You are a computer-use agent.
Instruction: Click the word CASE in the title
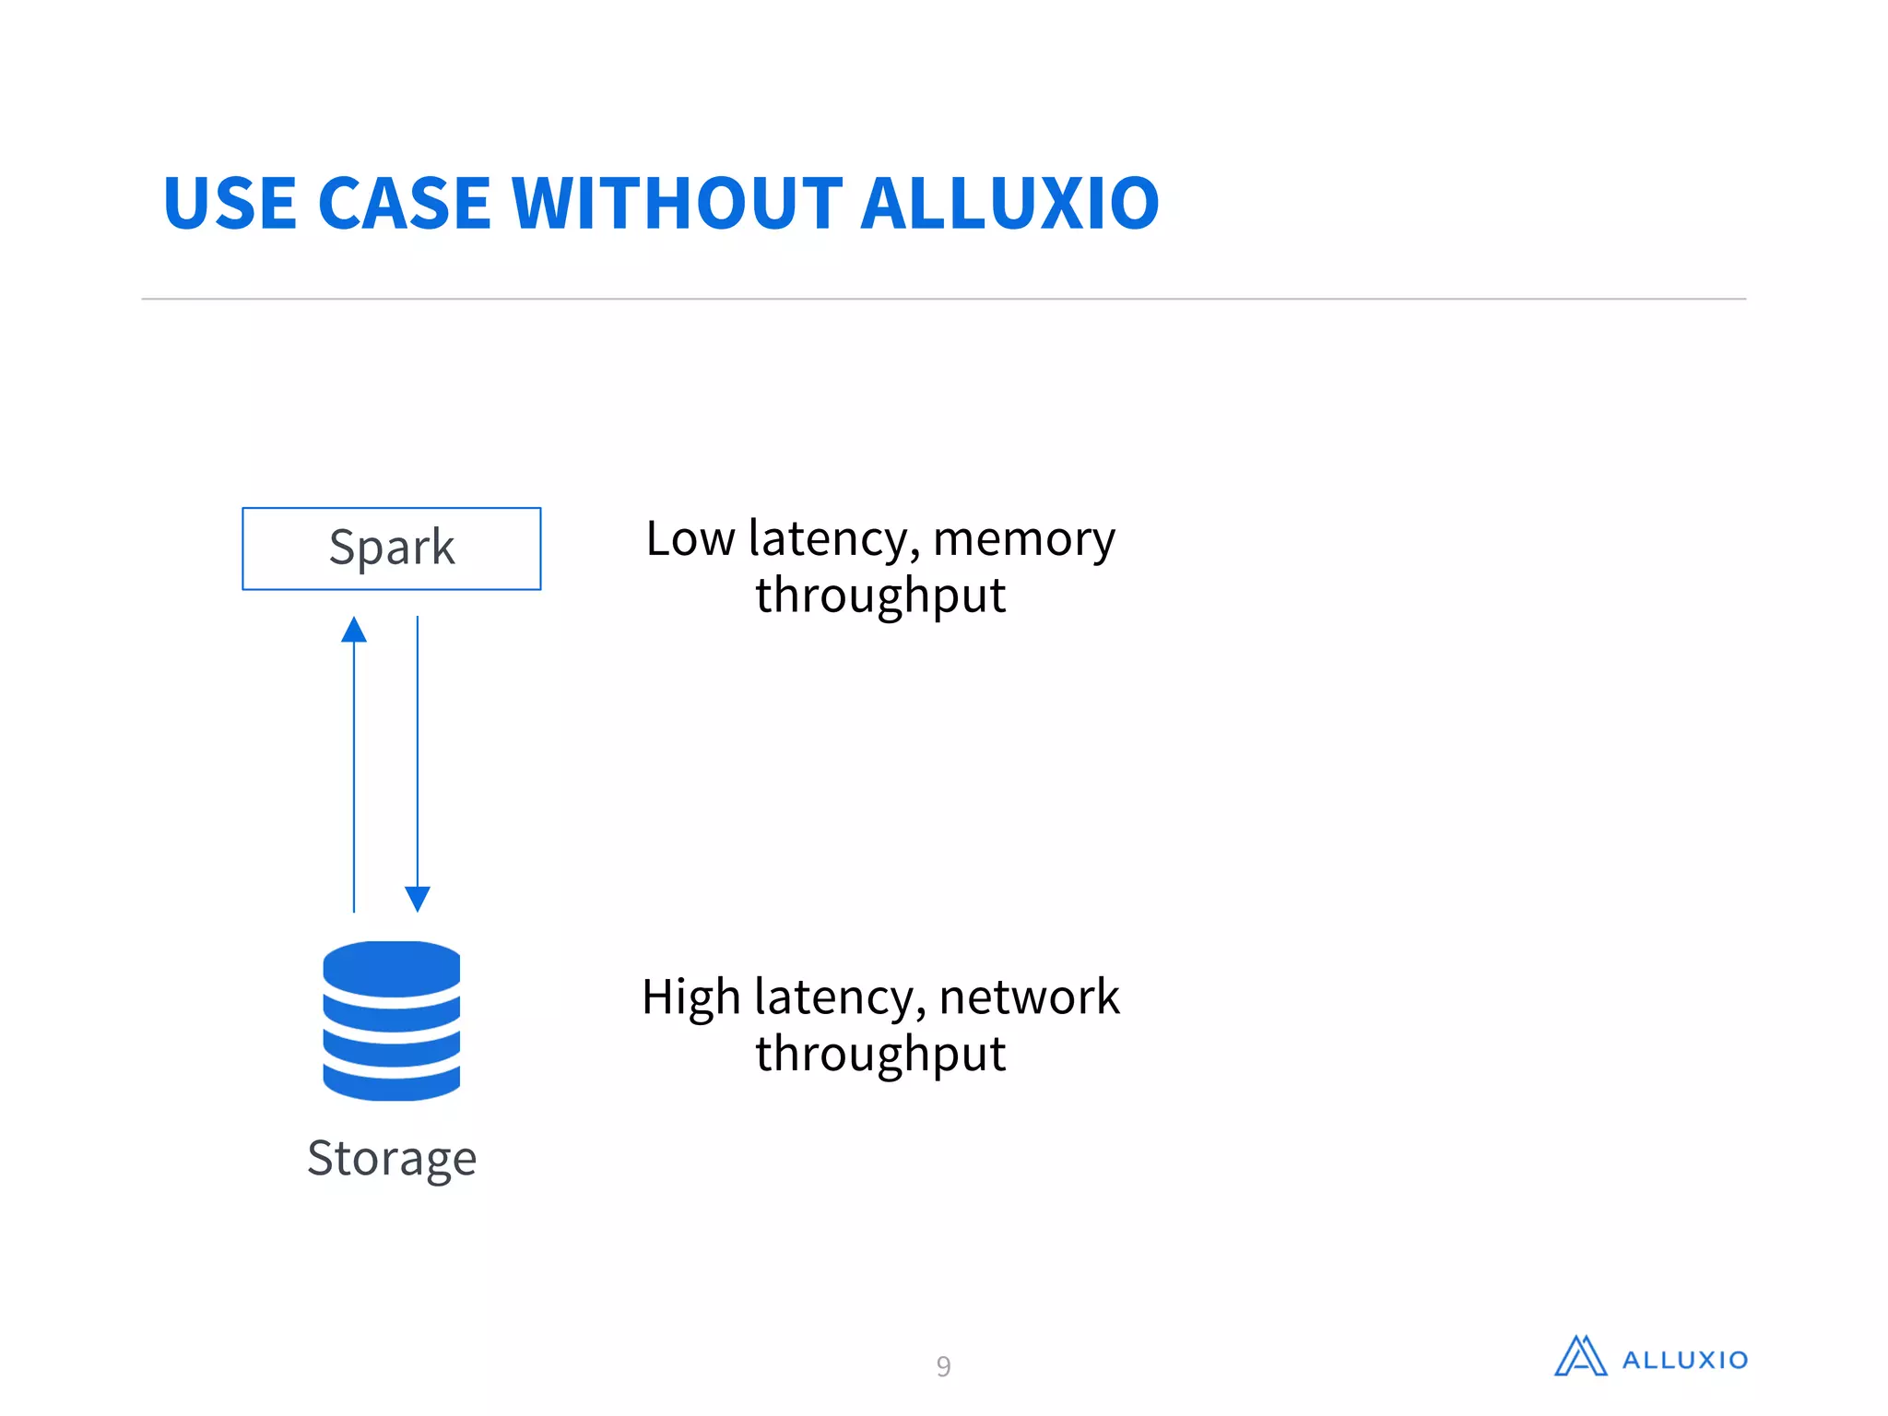(x=404, y=204)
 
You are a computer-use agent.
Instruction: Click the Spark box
(x=391, y=549)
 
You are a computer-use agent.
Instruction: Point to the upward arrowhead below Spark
(x=354, y=630)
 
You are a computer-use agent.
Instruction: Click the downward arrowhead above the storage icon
(x=418, y=898)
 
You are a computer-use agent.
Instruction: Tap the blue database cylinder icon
(x=391, y=1021)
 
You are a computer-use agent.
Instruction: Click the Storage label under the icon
(x=392, y=1158)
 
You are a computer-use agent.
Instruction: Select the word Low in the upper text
(x=690, y=538)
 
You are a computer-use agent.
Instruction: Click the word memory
(x=1023, y=538)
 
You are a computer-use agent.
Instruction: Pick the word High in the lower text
(x=691, y=997)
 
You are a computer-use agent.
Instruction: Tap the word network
(x=1029, y=997)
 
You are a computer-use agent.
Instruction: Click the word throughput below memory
(x=880, y=596)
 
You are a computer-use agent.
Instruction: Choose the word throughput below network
(x=880, y=1054)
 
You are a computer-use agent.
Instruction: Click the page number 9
(x=943, y=1365)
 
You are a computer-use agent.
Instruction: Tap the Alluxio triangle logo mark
(x=1580, y=1357)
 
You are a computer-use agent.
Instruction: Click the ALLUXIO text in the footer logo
(x=1684, y=1360)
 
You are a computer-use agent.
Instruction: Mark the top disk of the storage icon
(x=391, y=966)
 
